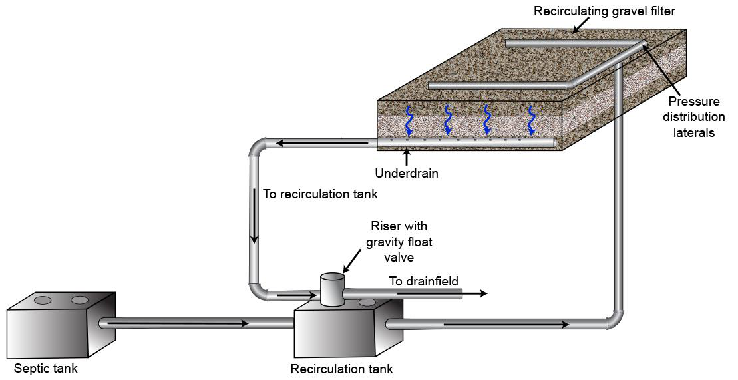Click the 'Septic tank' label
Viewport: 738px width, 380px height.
pyautogui.click(x=46, y=368)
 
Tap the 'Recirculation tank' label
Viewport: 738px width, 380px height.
pyautogui.click(x=341, y=369)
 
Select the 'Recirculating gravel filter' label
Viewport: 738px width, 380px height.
pyautogui.click(x=604, y=11)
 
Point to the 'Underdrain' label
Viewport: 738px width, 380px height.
pyautogui.click(x=406, y=174)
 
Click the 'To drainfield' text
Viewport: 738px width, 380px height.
pyautogui.click(x=424, y=282)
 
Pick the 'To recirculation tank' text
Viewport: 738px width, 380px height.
pyautogui.click(x=320, y=194)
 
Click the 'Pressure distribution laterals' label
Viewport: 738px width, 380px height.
pyautogui.click(x=697, y=116)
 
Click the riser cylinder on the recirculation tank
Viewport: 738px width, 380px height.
pyautogui.click(x=332, y=289)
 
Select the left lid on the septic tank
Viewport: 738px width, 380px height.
pyautogui.click(x=43, y=300)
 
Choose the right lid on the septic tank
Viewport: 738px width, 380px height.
pyautogui.click(x=79, y=300)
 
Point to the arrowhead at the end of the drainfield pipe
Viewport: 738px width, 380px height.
pyautogui.click(x=483, y=293)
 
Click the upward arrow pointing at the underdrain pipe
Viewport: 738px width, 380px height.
pyautogui.click(x=406, y=156)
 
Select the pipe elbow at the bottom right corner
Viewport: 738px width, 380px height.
pyautogui.click(x=616, y=319)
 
